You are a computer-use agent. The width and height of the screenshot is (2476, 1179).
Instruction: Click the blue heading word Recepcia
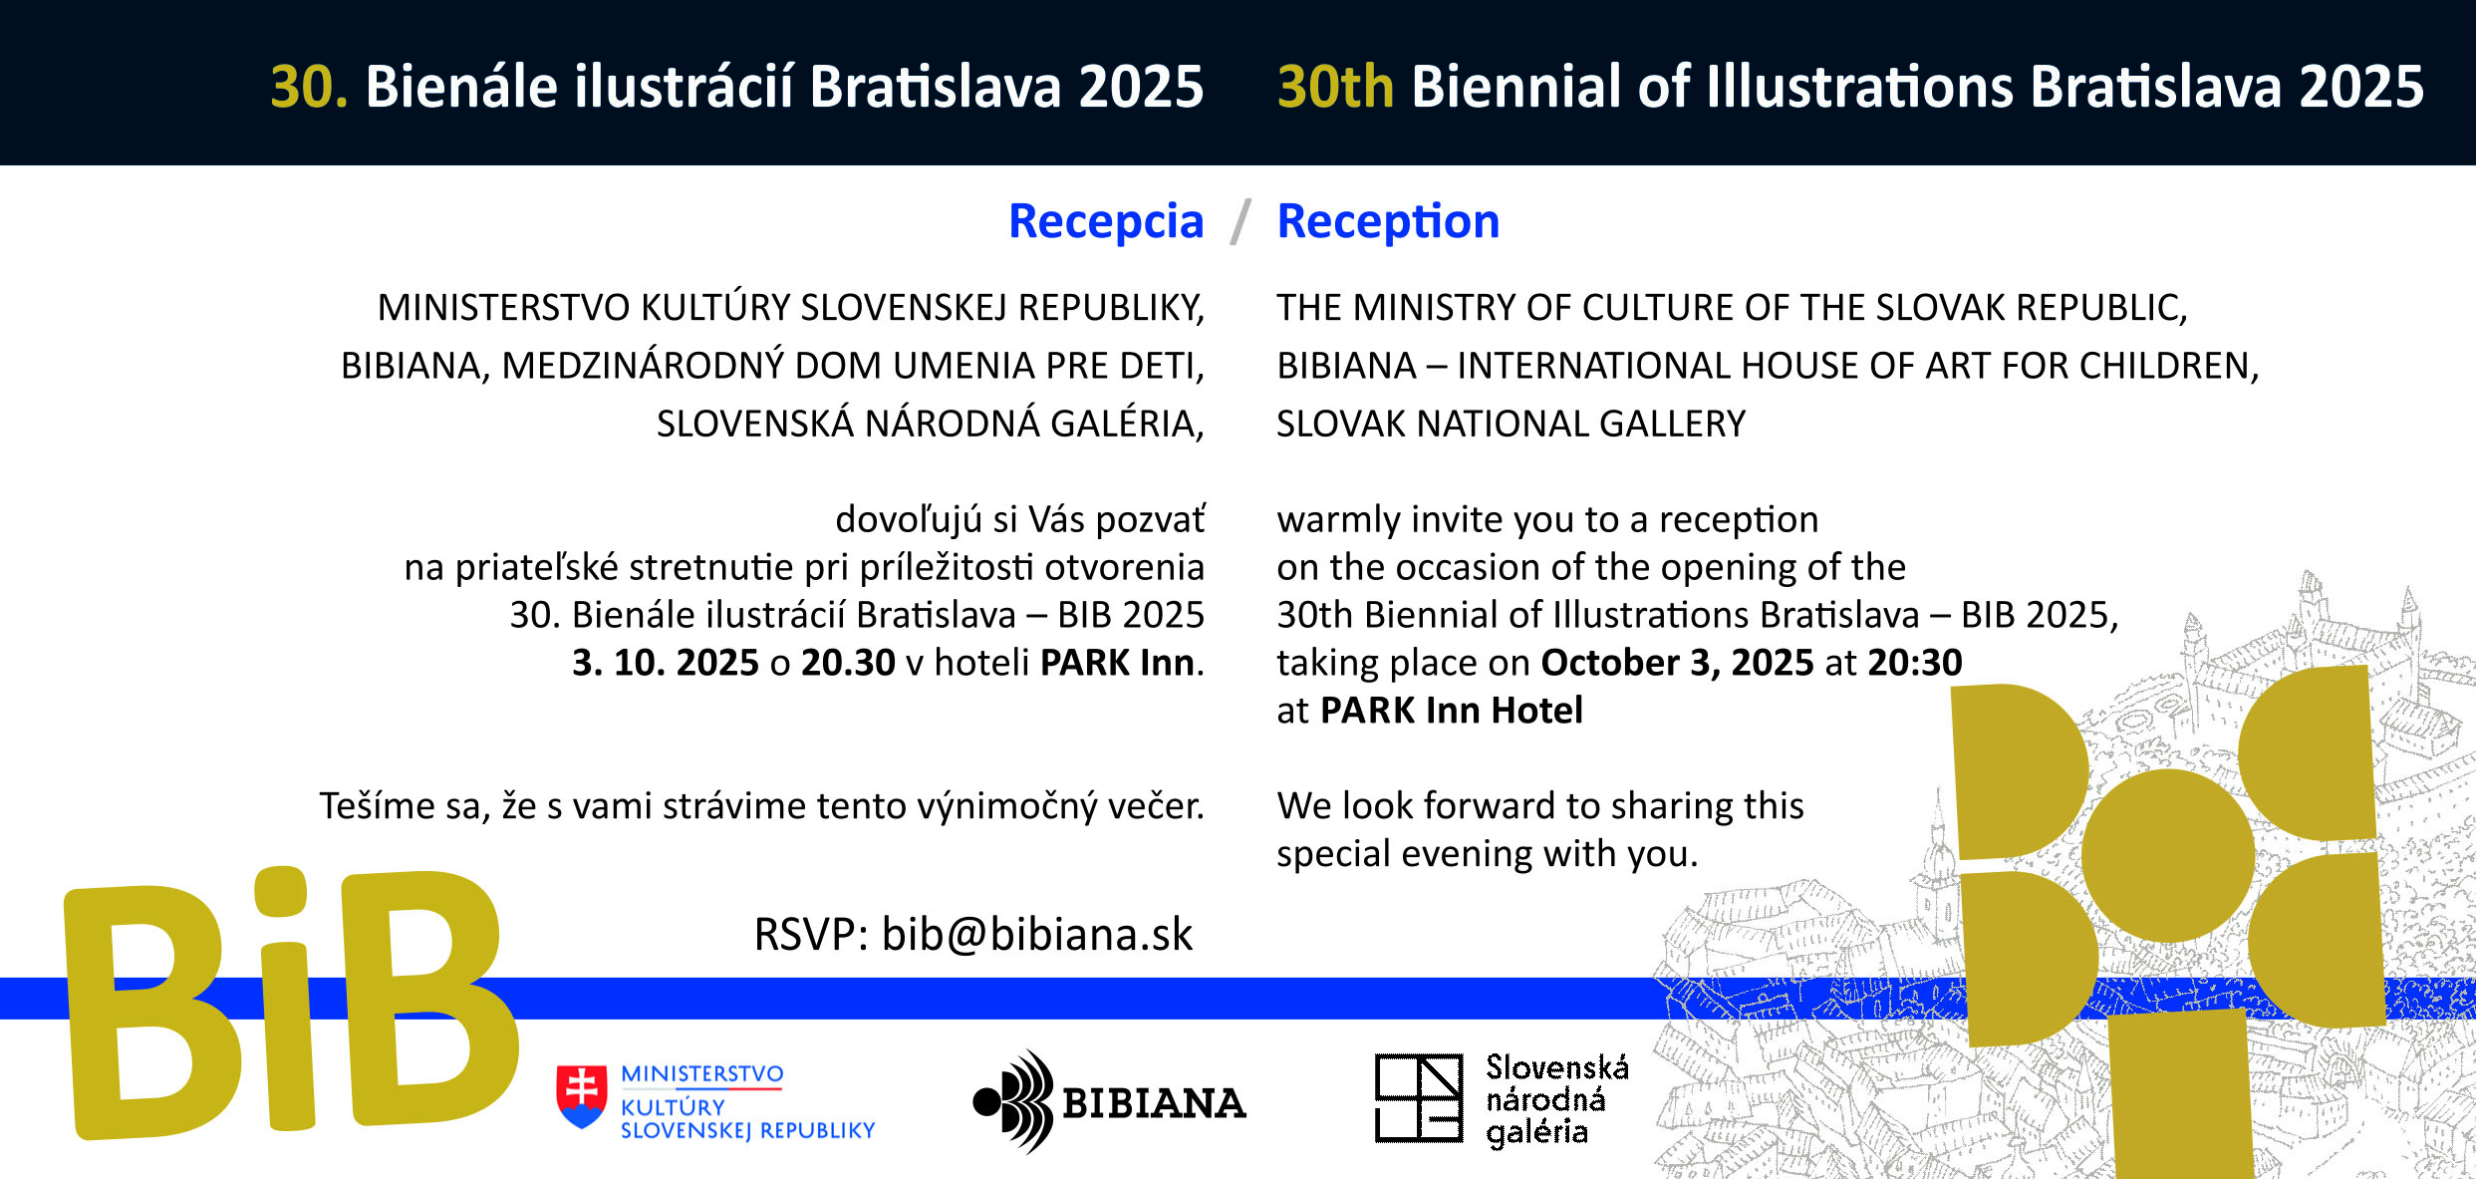(1106, 222)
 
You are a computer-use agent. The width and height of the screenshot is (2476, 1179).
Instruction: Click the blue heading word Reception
(1388, 222)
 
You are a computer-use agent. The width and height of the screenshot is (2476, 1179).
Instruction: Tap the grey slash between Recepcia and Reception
(1240, 221)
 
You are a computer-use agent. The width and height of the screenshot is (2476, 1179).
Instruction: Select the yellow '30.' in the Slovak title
(309, 87)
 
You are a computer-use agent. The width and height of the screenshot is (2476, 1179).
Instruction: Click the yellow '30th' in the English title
(1335, 87)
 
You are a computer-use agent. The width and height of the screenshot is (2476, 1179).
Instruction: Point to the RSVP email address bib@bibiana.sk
(1037, 935)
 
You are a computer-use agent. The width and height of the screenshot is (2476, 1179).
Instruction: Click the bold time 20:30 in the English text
(1915, 663)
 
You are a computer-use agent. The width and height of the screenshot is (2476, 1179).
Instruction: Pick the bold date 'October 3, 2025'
(1677, 664)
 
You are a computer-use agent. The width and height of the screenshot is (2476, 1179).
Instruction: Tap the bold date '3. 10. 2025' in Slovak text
(666, 663)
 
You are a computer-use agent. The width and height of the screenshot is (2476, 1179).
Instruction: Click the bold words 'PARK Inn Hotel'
(1452, 711)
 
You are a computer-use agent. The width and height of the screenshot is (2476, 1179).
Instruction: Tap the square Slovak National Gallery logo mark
(1419, 1098)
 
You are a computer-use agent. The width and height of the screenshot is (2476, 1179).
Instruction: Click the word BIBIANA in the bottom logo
(1154, 1103)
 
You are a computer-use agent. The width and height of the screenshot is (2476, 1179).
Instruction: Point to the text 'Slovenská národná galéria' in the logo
(1557, 1100)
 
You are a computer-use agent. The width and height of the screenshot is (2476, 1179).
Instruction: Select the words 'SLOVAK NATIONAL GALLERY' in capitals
(1511, 425)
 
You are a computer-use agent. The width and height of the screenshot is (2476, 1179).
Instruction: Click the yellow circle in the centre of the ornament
(2168, 855)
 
